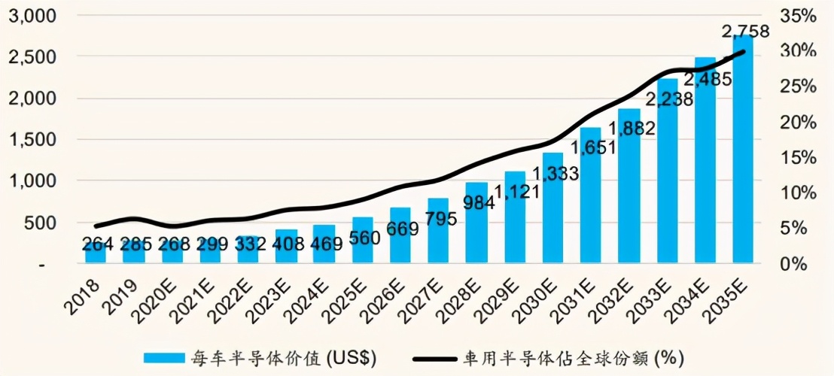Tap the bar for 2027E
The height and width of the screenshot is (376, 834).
(438, 237)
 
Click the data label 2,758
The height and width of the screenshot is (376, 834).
(745, 32)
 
